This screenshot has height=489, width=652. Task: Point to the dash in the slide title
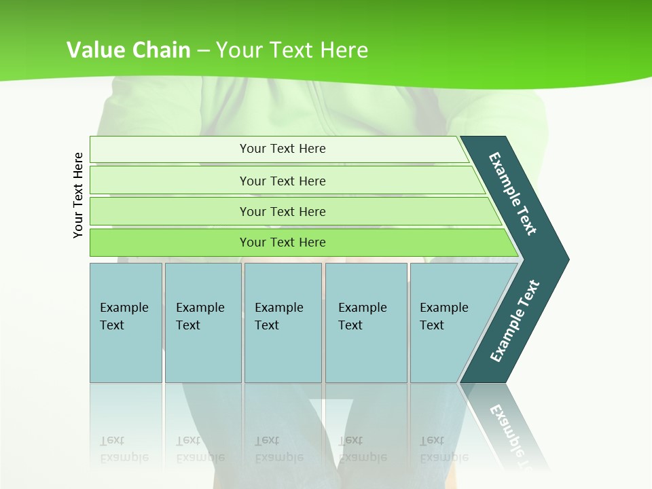pos(203,51)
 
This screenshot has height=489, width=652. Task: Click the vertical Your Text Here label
pos(78,195)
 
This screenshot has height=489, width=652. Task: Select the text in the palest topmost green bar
pos(283,149)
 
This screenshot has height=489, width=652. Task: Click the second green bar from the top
pos(283,181)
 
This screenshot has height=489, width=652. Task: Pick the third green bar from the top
pos(283,212)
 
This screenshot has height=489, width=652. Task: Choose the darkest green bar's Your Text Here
pos(283,242)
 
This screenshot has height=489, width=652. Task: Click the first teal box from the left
pos(126,323)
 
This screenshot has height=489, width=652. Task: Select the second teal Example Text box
pos(203,323)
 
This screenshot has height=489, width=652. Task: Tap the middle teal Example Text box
pos(283,323)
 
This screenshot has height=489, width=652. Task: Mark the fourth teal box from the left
pos(366,323)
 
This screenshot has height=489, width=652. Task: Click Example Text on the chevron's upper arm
pos(513,194)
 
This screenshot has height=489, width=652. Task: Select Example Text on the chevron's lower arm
pos(514,321)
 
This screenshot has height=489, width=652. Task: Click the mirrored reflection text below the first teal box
pos(124,449)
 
